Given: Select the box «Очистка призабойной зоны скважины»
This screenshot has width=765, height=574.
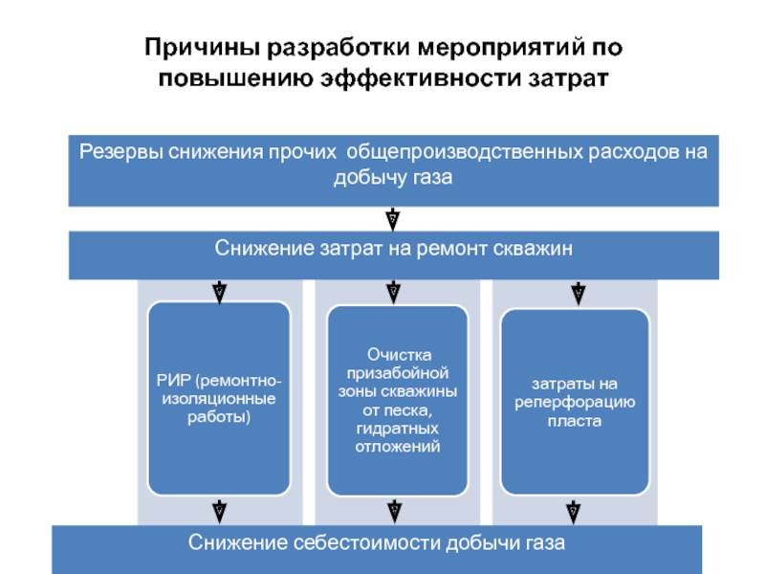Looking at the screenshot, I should (x=397, y=397).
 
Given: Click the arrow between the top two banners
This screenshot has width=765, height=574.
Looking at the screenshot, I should (x=393, y=219).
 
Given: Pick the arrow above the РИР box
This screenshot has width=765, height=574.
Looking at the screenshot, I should (x=219, y=291).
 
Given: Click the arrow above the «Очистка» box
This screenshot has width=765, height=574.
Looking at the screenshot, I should (x=393, y=291).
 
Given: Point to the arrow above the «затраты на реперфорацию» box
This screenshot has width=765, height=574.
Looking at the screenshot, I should (x=577, y=291).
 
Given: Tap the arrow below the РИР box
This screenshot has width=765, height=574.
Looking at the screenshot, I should (x=219, y=511).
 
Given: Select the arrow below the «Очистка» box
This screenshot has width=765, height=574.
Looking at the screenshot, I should (x=393, y=511).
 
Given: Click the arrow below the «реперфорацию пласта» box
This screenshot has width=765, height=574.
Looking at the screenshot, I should (x=573, y=511).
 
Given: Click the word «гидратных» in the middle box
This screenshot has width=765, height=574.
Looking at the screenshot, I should (x=397, y=430).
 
